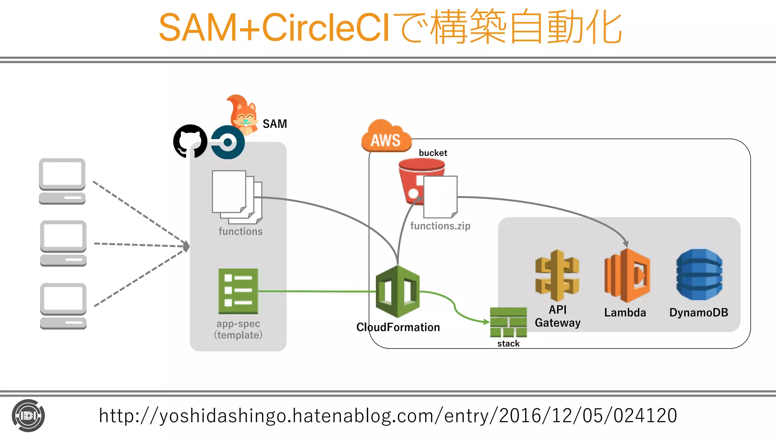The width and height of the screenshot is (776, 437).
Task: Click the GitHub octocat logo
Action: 190,141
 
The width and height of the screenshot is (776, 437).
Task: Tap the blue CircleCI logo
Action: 228,142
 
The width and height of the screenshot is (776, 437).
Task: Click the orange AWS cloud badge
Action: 386,137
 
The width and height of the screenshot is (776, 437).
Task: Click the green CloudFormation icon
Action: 397,291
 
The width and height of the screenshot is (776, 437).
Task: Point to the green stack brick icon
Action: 508,322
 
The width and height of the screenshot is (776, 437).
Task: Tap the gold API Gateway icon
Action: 557,275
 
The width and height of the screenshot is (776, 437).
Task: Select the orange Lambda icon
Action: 627,275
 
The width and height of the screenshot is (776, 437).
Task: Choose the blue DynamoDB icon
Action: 699,275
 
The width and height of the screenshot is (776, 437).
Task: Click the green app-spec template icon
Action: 238,291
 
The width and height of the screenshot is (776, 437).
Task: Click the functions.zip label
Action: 440,226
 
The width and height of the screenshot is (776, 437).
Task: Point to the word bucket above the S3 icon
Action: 433,153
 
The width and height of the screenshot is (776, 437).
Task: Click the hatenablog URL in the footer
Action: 388,416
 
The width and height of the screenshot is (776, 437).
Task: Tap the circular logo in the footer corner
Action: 28,416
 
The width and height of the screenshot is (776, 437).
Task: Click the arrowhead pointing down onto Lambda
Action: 626,244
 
